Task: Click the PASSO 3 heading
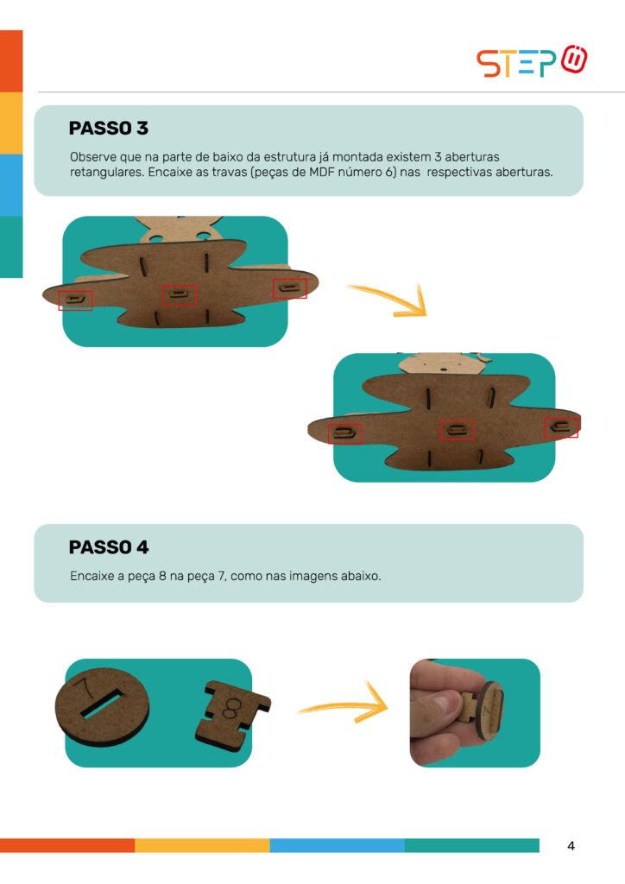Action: click(x=108, y=128)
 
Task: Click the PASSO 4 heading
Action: click(x=108, y=546)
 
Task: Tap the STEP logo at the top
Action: click(x=532, y=61)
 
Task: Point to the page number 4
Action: click(x=571, y=846)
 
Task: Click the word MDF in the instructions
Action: click(x=322, y=172)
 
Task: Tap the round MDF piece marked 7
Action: click(x=102, y=707)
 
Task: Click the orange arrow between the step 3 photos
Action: click(x=388, y=300)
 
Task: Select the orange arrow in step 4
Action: click(x=344, y=704)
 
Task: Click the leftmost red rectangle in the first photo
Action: click(x=75, y=300)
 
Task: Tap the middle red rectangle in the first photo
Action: click(x=180, y=295)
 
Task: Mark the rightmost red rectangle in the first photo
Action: click(x=290, y=288)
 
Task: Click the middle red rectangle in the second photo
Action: click(x=457, y=430)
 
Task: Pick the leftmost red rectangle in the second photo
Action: click(x=345, y=433)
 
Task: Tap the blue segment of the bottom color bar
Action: click(x=337, y=845)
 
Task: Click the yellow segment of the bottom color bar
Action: click(x=202, y=845)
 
